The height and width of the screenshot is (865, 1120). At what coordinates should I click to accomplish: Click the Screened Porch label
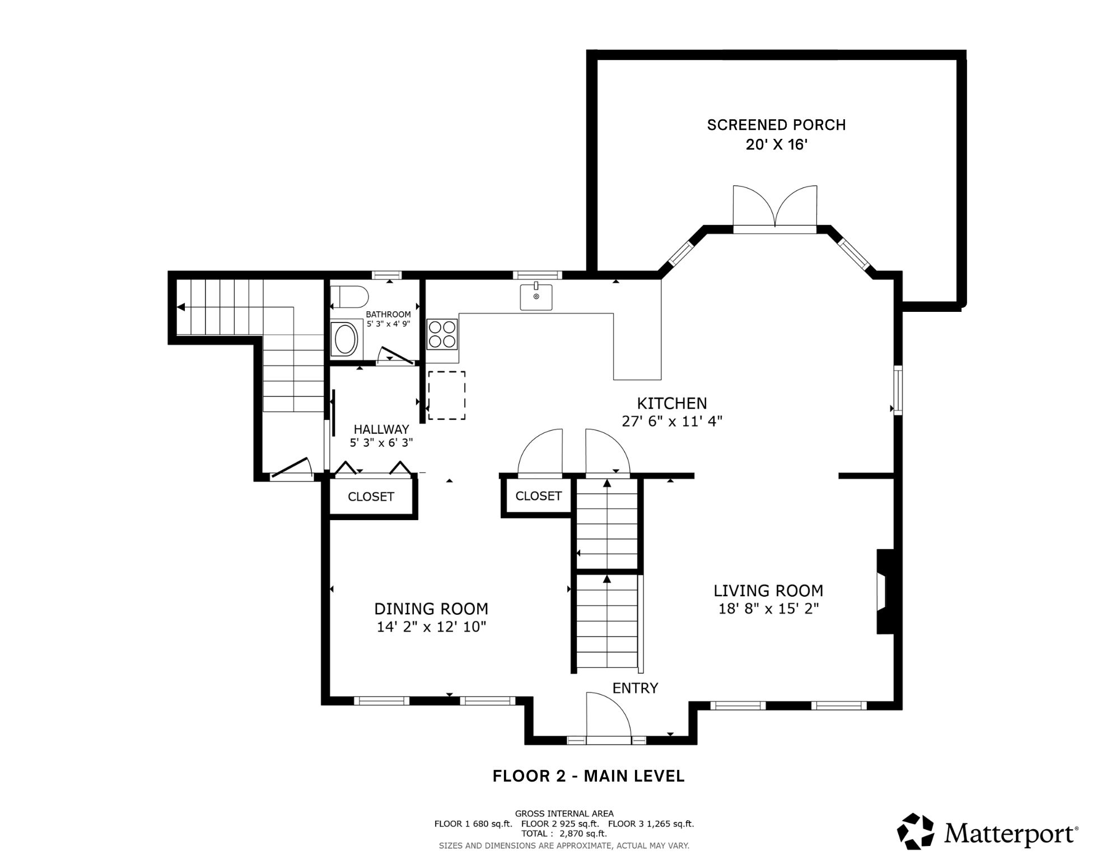click(776, 125)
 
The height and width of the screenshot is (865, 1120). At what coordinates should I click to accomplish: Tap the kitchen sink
click(536, 297)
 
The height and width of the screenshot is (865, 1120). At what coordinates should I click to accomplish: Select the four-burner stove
click(442, 334)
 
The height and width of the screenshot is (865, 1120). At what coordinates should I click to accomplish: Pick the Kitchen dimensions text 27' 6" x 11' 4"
click(672, 421)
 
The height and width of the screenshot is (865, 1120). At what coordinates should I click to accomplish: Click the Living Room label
click(768, 591)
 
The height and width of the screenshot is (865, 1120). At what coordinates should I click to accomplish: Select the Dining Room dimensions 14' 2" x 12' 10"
click(431, 626)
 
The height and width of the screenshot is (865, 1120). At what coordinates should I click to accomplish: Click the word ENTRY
click(635, 688)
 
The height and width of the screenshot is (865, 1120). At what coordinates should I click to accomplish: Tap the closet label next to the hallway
click(371, 497)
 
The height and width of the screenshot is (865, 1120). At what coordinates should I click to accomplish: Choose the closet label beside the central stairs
click(538, 495)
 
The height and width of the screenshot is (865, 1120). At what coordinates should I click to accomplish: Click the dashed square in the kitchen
click(447, 395)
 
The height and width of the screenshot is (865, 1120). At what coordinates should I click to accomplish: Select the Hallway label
click(381, 429)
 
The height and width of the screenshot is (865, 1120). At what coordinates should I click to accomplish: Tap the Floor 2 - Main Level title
click(589, 776)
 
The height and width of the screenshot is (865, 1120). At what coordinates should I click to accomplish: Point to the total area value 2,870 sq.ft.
click(583, 834)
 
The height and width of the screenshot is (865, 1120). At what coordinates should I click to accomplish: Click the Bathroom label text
click(388, 315)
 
